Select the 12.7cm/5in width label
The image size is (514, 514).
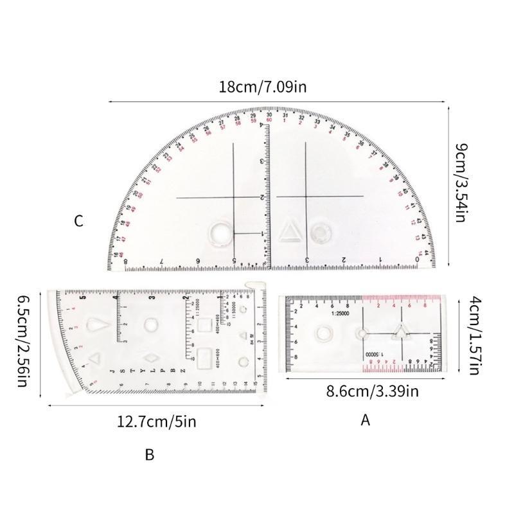pyautogui.click(x=156, y=421)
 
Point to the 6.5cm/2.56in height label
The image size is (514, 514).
pyautogui.click(x=22, y=341)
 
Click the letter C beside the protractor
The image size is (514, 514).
pyautogui.click(x=78, y=221)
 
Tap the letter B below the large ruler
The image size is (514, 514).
pyautogui.click(x=149, y=455)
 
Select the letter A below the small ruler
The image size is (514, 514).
pyautogui.click(x=366, y=420)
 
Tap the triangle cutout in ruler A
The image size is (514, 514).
pyautogui.click(x=402, y=332)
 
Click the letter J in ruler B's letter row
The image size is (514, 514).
pyautogui.click(x=112, y=371)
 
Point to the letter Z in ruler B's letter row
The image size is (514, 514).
pyautogui.click(x=183, y=371)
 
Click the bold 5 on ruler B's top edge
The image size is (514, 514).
pyautogui.click(x=82, y=296)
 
